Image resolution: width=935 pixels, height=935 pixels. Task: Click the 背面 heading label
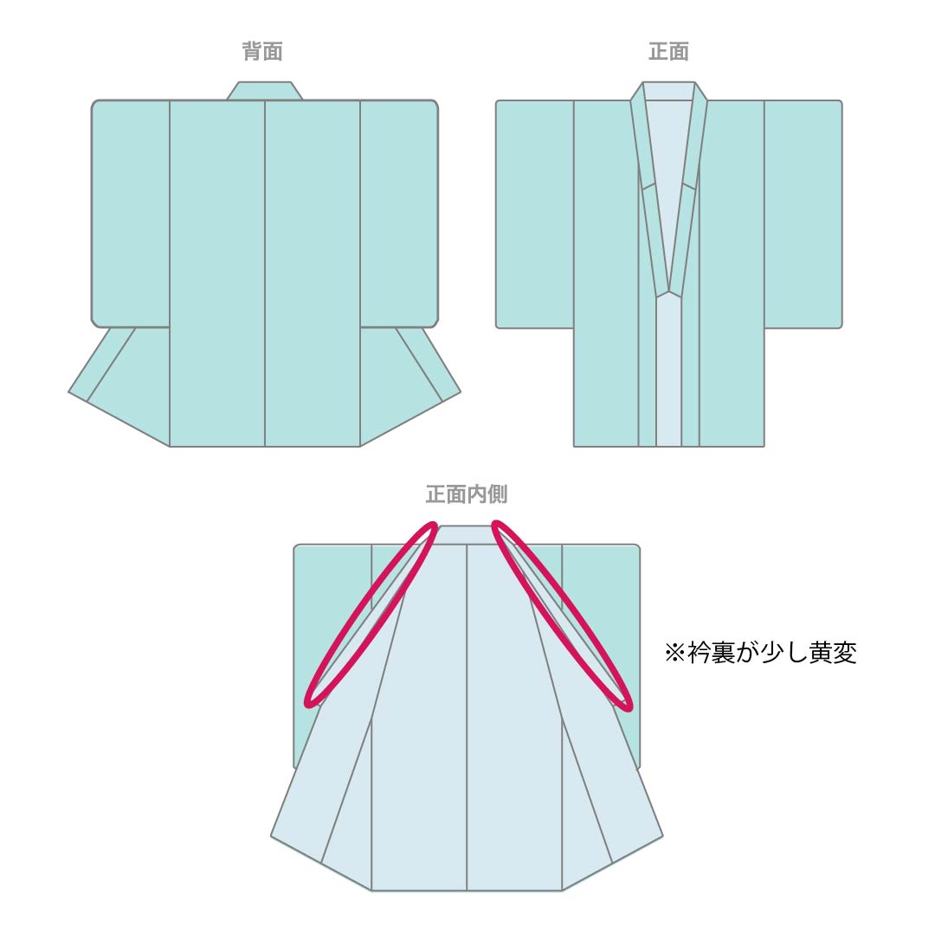pyautogui.click(x=262, y=51)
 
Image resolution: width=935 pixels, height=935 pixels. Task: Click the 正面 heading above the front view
pyautogui.click(x=668, y=51)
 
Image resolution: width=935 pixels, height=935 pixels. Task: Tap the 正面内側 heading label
pyautogui.click(x=467, y=494)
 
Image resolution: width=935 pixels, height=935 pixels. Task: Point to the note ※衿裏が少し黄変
pyautogui.click(x=761, y=653)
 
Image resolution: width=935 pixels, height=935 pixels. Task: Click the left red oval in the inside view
pyautogui.click(x=371, y=614)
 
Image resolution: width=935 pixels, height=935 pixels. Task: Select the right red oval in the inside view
pyautogui.click(x=562, y=614)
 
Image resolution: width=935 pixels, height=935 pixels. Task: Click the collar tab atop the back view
pyautogui.click(x=264, y=91)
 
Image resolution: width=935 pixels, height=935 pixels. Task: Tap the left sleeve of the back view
pyautogui.click(x=131, y=214)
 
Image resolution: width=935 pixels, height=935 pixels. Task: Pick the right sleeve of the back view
pyautogui.click(x=399, y=214)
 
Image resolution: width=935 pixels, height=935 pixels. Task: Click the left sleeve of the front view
pyautogui.click(x=535, y=214)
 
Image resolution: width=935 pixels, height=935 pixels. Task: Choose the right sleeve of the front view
pyautogui.click(x=803, y=214)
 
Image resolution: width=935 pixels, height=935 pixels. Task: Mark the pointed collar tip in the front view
pyautogui.click(x=669, y=293)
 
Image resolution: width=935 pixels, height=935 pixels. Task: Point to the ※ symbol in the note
pyautogui.click(x=675, y=653)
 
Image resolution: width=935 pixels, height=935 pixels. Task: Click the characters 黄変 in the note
pyautogui.click(x=833, y=653)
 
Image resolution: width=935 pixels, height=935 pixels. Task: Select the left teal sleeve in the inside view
pyautogui.click(x=332, y=620)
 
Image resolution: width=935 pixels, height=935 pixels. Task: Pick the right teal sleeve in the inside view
pyautogui.click(x=601, y=620)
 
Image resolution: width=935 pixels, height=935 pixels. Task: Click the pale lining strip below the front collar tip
pyautogui.click(x=669, y=370)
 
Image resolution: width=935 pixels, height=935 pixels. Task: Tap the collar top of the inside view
pyautogui.click(x=467, y=534)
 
